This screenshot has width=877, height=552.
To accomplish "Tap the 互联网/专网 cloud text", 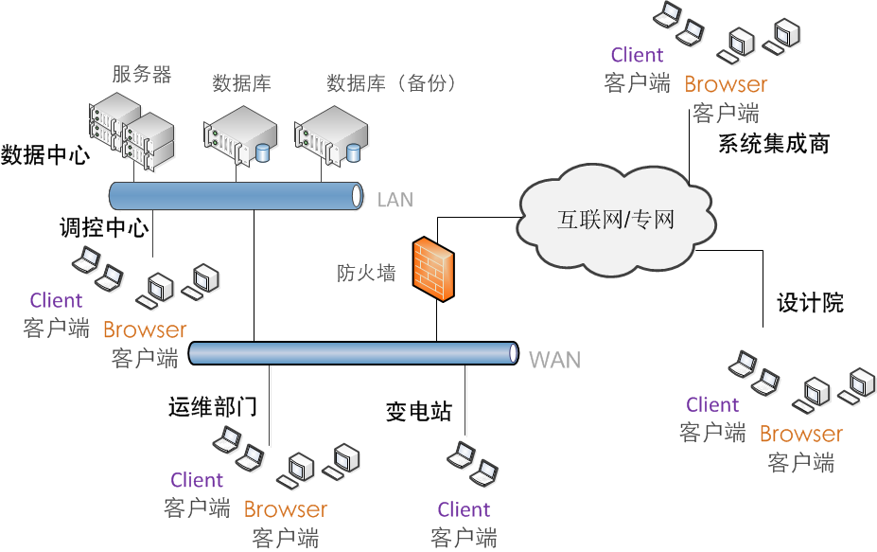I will pos(615,221).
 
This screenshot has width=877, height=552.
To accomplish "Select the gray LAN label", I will pos(395,199).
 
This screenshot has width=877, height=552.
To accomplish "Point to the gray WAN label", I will pos(554,359).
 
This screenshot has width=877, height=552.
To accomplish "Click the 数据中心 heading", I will pos(44,154).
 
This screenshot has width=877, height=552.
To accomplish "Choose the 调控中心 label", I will pos(103,228).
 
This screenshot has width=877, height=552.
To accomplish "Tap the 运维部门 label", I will pos(213,407).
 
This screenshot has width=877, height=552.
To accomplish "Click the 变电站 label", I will pos(419,412).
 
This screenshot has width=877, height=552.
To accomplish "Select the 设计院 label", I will pos(810,303).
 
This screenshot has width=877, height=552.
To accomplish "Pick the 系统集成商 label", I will pos(774,144).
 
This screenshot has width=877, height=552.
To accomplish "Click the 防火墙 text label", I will pos(366,274).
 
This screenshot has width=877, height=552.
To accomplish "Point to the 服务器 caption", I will pos(142,74).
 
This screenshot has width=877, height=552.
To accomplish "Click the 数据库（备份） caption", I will pos(392,83).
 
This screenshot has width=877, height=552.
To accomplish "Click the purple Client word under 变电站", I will pos(464,509).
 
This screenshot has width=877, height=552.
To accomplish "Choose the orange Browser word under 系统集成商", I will pos(726,84).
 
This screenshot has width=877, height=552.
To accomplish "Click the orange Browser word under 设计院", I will pos(800,434).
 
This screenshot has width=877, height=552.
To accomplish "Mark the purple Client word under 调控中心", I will pos(56,300).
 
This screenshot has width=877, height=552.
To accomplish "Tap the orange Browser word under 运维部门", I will pos(285,509).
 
